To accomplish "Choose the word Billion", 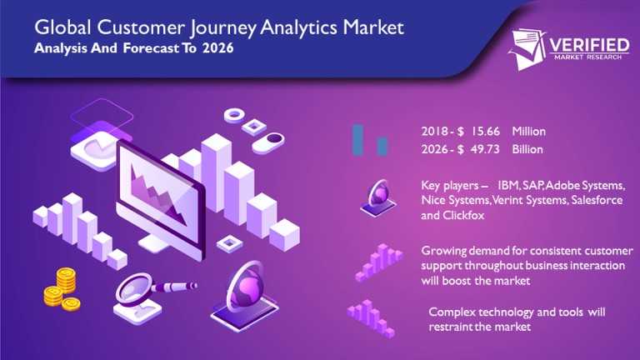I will click(527, 150).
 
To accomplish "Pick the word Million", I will click(529, 132).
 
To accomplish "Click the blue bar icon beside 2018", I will click(358, 139).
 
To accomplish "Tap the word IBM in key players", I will click(507, 184).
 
